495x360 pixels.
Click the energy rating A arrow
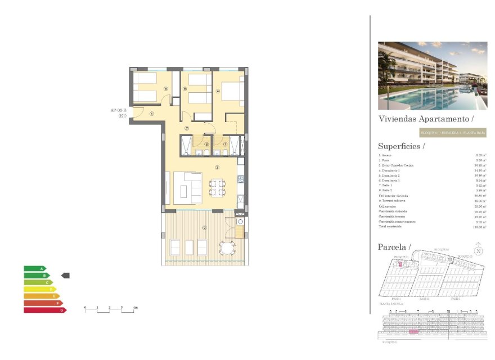35,268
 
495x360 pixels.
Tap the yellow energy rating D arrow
40,289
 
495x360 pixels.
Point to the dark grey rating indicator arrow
65,276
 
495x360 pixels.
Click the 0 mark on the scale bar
85,308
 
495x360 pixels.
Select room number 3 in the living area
217,167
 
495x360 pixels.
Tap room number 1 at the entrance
152,114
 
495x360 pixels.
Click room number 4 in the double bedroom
218,91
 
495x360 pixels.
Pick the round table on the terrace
228,247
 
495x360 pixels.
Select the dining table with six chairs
217,187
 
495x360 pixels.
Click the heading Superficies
401,146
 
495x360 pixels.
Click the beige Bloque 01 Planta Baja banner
453,133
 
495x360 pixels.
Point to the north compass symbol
479,251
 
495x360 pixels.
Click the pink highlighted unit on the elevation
413,332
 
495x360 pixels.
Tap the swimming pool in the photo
433,98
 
